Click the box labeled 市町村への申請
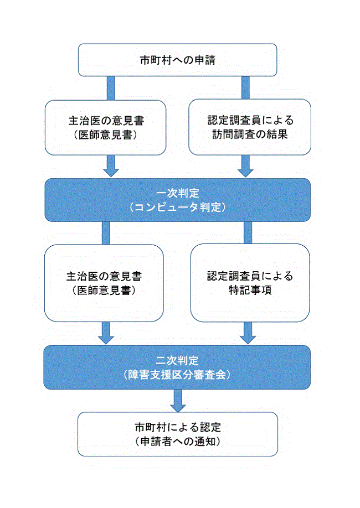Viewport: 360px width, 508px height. pos(177,60)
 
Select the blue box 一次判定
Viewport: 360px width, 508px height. pos(177,200)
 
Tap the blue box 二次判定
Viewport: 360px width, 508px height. pos(177,367)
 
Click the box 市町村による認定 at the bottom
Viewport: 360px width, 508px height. pos(178,434)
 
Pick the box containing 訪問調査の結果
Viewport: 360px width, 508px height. pos(250,127)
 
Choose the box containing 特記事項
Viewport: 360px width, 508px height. pos(250,283)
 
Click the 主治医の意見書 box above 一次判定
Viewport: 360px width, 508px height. pos(106,127)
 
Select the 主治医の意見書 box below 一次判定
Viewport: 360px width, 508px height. pos(104,283)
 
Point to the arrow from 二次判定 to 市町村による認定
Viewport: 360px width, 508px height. pos(178,401)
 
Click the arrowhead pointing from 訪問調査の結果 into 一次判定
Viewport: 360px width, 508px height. pos(245,172)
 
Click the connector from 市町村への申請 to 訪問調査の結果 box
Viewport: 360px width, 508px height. pos(245,88)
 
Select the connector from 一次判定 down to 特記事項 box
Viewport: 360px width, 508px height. pos(248,232)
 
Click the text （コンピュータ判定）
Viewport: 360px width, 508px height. pos(177,207)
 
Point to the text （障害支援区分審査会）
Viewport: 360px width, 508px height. pos(177,375)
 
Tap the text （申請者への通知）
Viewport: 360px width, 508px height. pos(178,441)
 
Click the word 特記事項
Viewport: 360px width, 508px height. pos(250,290)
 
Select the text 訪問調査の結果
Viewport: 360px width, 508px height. pos(250,134)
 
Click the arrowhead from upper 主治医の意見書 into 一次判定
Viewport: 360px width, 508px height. pos(111,172)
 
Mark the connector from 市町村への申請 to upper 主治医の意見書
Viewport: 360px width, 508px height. pos(111,88)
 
